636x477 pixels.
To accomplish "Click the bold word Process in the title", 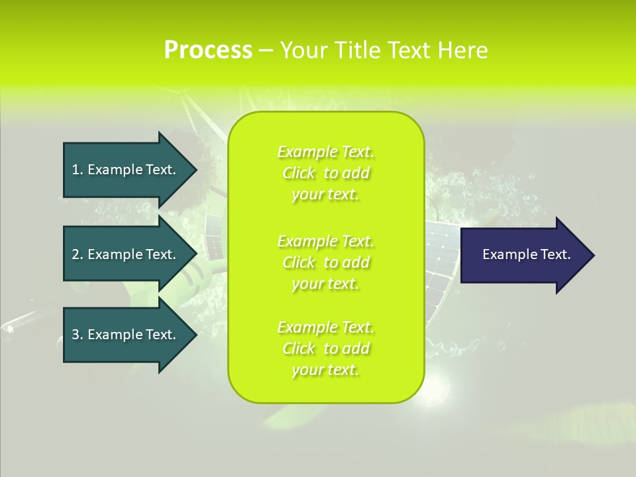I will pos(208,50).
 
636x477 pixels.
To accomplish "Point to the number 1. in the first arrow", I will pos(78,170).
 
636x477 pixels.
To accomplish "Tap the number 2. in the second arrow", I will pos(78,254).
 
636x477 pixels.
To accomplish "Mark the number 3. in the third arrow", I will pos(78,335).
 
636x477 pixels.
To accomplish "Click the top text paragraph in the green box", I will pos(325,173).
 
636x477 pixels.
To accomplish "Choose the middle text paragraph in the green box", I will pos(325,262).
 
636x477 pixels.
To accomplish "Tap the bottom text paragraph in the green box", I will pos(325,348).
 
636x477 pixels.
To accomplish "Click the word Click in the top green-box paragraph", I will pos(299,174).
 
